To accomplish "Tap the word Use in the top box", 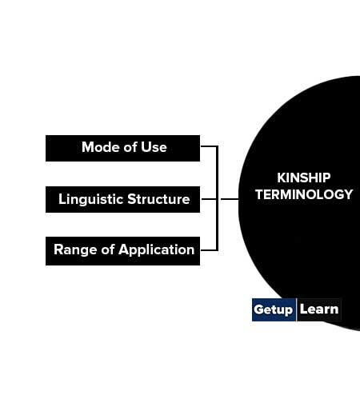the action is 154,147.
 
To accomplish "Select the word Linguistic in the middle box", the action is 91,200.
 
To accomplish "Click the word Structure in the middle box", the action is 158,199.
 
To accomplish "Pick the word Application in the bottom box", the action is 156,250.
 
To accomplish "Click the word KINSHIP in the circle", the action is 304,178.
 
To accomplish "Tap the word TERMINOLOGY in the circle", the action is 304,194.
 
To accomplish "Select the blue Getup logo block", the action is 274,309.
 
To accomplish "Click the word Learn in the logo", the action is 319,309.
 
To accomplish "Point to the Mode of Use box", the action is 122,148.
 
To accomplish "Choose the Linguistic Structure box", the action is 122,200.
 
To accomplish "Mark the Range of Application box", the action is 122,251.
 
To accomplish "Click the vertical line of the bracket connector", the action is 217,198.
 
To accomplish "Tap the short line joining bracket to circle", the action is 230,199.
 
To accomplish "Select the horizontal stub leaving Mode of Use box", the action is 209,146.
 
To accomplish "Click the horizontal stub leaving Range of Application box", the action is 209,250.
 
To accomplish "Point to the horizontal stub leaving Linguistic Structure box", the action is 209,199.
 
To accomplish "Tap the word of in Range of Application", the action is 108,249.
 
